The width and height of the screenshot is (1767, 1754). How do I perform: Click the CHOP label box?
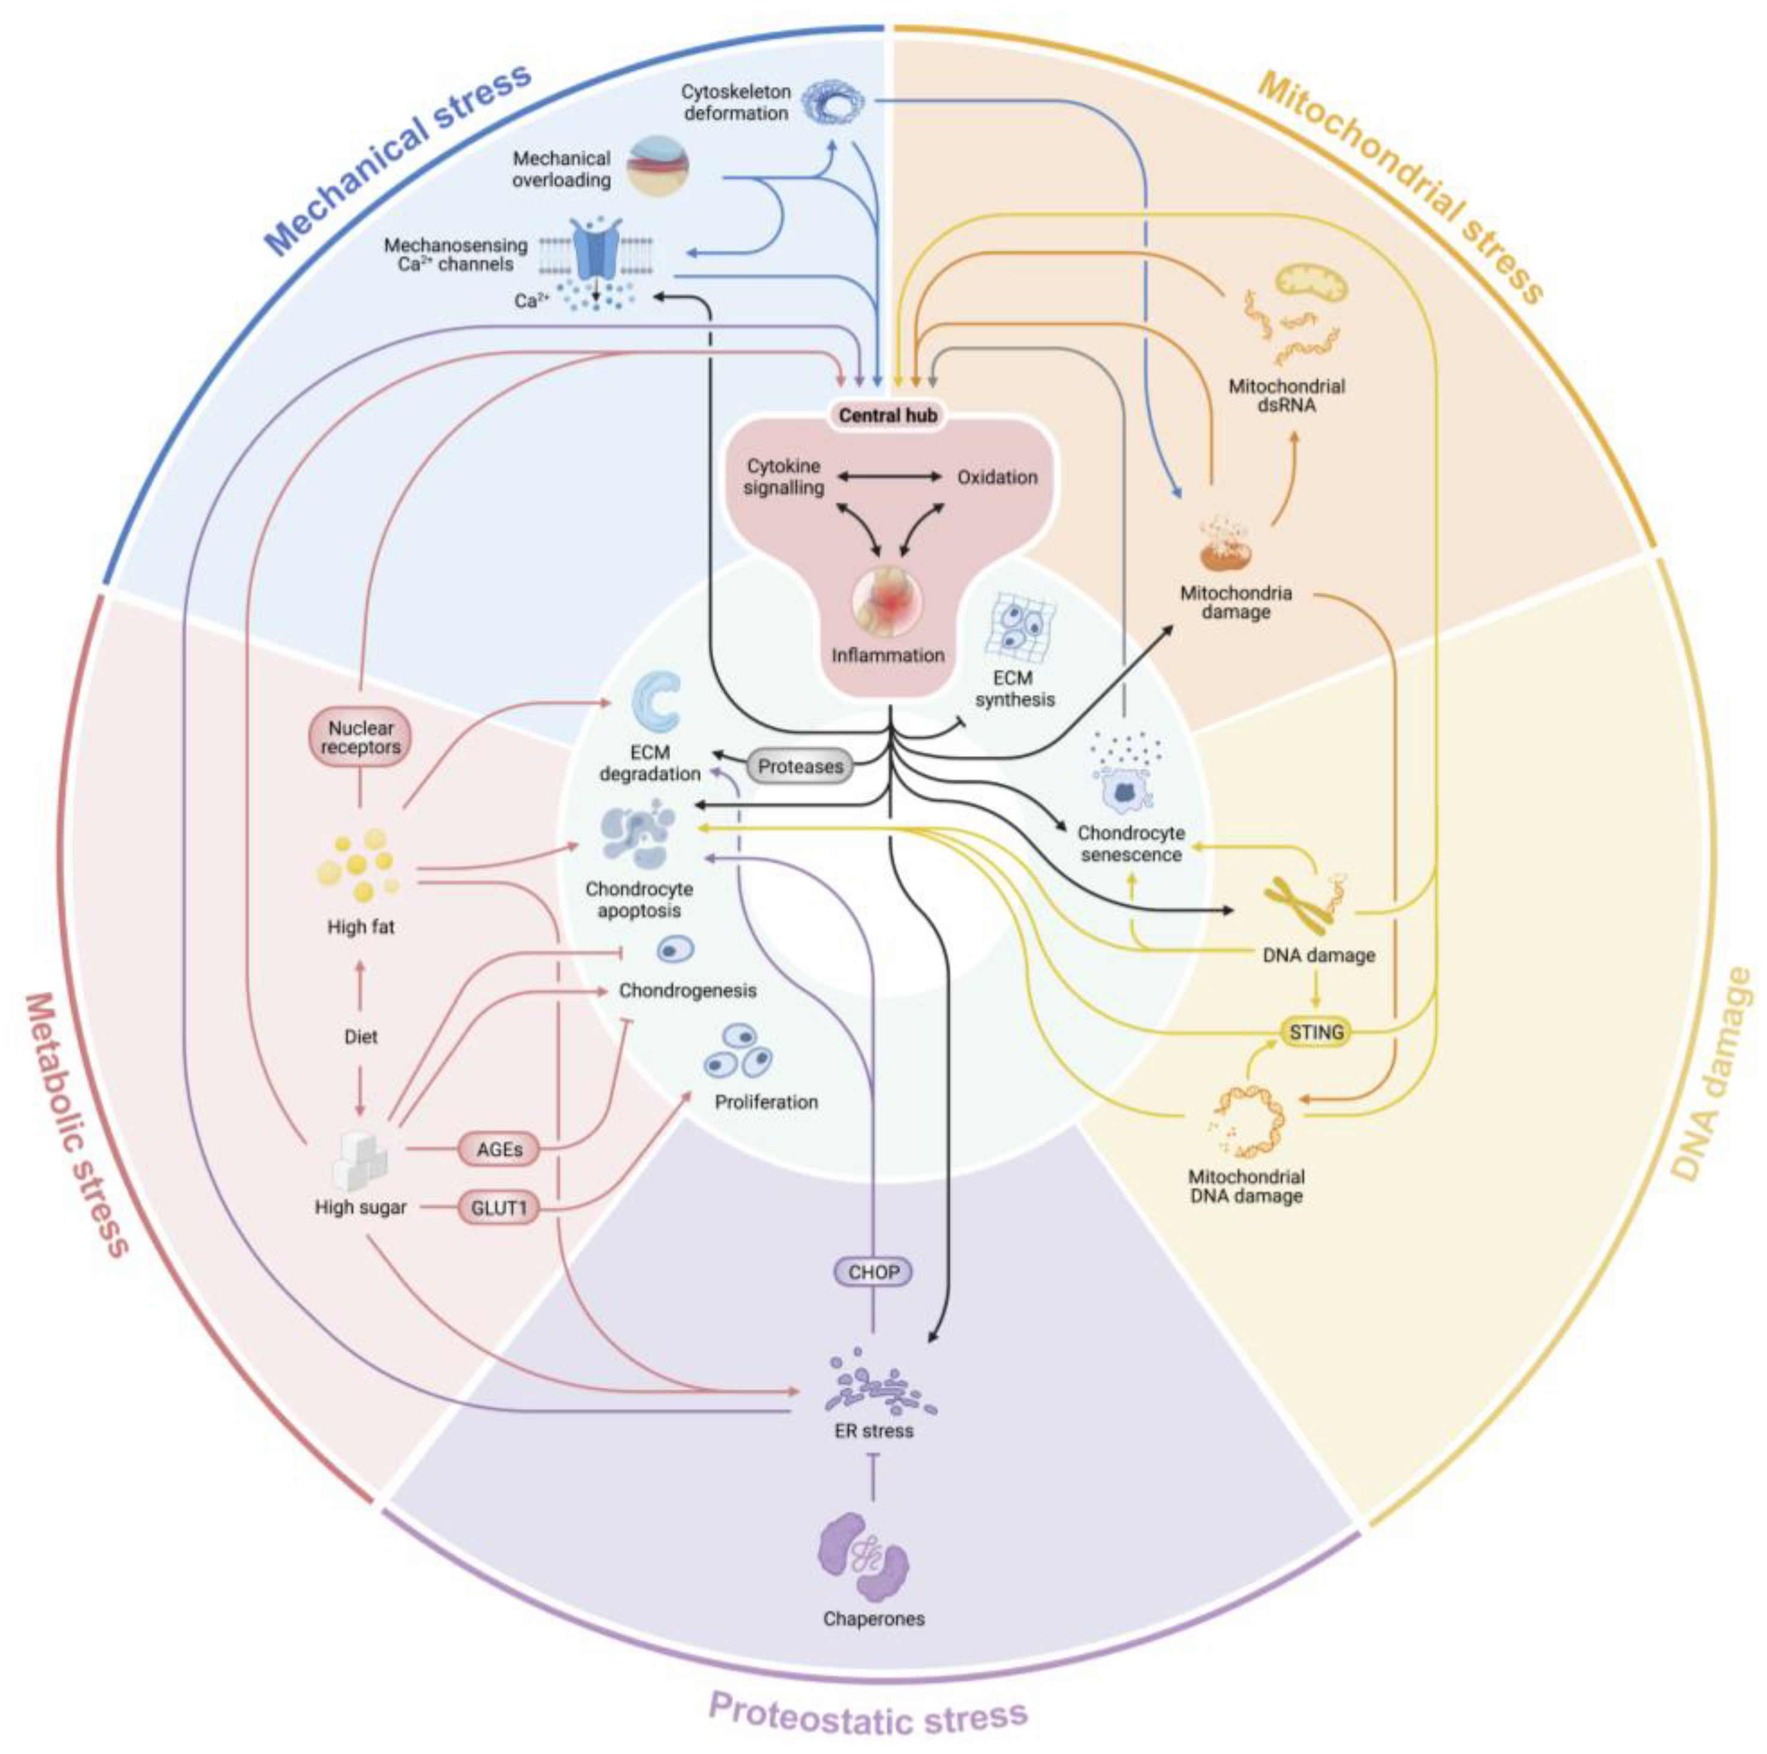point(873,1272)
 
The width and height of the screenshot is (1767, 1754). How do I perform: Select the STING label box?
point(1315,1033)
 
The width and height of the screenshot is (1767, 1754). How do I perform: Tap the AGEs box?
point(500,1150)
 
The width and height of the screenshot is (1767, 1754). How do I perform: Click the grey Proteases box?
point(800,766)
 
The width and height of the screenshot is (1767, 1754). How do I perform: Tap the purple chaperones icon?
point(864,1560)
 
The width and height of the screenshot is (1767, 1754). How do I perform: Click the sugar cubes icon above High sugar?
point(361,1160)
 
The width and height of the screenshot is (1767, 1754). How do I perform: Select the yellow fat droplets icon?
point(359,864)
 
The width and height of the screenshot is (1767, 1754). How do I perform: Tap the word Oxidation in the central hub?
point(997,477)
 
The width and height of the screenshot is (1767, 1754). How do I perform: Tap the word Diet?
point(361,1037)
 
